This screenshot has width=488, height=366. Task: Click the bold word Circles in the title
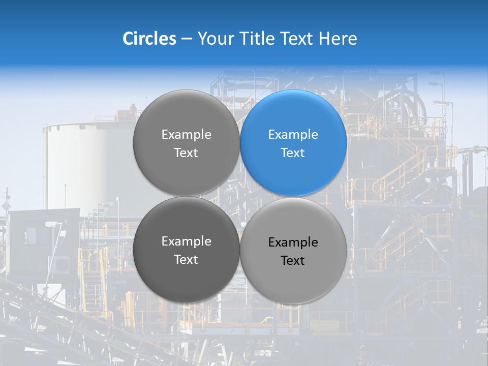point(149,39)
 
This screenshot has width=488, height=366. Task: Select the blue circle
point(293,143)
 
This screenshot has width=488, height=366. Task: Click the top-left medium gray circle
point(186,143)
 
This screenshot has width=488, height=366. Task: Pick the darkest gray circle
point(186,250)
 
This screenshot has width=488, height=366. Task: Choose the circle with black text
point(293,251)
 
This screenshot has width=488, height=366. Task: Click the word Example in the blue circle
point(293,135)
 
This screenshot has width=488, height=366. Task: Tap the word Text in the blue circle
point(293,153)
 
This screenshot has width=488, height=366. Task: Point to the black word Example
point(293,242)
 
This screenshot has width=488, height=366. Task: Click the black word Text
point(293,261)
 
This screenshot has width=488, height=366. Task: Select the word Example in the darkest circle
point(186,241)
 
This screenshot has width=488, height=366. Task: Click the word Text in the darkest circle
point(186,260)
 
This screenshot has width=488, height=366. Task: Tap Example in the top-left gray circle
point(186,135)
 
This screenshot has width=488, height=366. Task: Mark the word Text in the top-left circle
point(186,153)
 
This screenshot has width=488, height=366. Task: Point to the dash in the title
point(187,39)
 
